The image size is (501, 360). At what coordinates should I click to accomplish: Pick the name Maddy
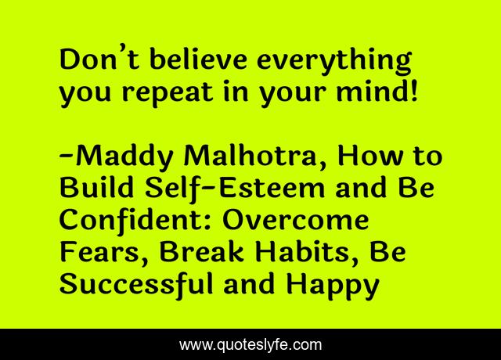[128, 157]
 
